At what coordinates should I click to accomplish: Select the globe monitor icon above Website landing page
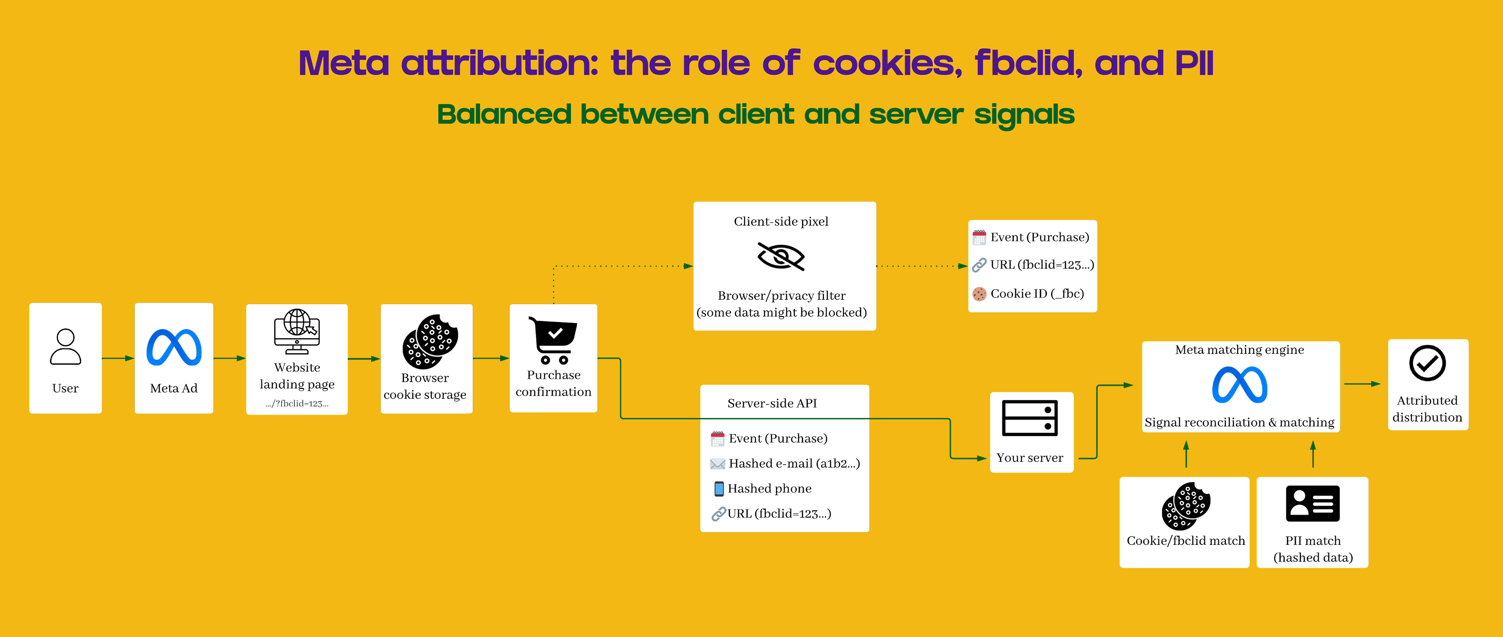297,331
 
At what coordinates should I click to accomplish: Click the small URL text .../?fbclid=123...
297,404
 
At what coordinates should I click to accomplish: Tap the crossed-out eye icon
781,257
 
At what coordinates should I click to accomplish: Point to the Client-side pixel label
781,222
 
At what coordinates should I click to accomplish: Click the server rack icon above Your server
1030,418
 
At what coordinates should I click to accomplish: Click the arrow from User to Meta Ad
118,358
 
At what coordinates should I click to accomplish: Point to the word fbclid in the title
1028,63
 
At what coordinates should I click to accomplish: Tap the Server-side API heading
772,403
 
